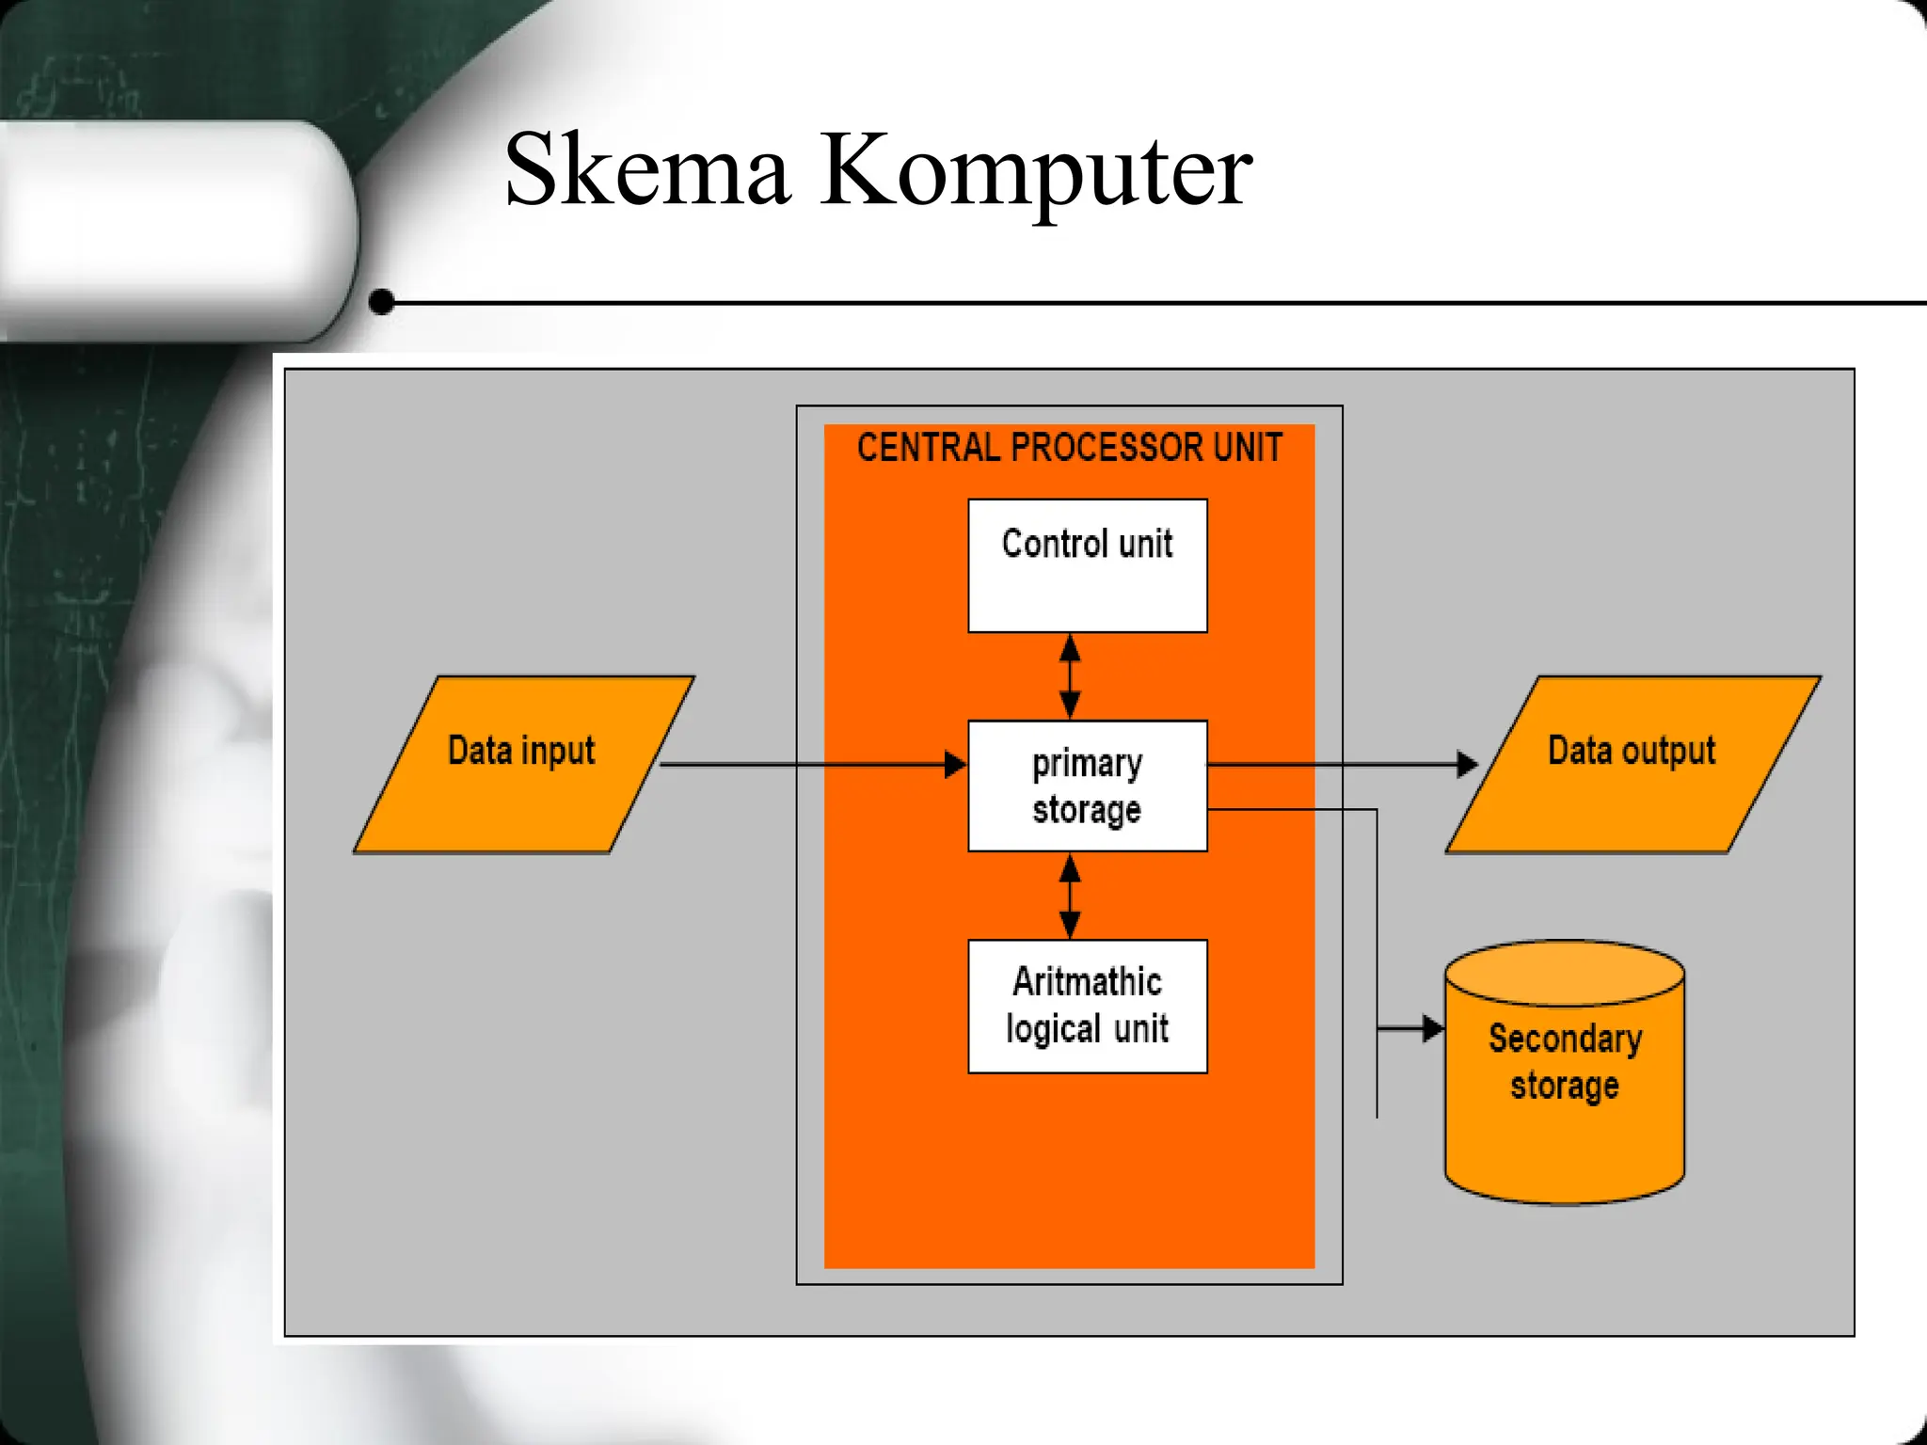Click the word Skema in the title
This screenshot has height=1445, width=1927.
[646, 171]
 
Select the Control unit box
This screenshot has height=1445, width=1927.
[1087, 565]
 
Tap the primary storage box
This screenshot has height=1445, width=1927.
[1087, 786]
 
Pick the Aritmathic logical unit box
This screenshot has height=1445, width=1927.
[1087, 1006]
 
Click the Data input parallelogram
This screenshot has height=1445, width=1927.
[523, 765]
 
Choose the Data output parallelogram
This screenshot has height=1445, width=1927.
[1632, 765]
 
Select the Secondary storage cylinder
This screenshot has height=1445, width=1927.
[1564, 1072]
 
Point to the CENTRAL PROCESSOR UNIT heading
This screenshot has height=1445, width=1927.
[1069, 448]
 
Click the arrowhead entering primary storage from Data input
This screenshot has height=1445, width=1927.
[956, 765]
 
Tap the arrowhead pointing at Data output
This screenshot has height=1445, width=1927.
[1467, 764]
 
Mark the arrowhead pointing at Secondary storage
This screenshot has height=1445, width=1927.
[1433, 1028]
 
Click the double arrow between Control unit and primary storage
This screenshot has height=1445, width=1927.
[1070, 676]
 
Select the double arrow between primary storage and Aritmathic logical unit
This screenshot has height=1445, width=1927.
[1070, 896]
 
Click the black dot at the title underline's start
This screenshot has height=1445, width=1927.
[382, 302]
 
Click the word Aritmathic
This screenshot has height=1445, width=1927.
[1087, 982]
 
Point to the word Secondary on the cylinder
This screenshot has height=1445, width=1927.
[1565, 1040]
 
